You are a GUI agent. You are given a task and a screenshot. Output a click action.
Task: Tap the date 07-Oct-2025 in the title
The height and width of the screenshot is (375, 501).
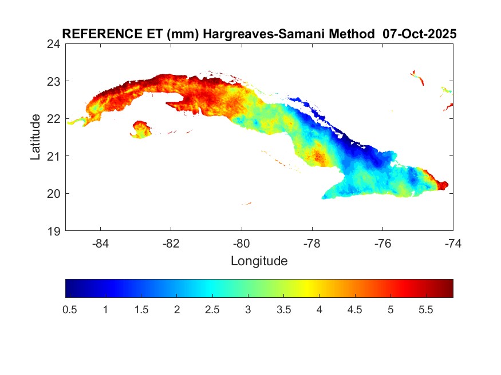(419, 34)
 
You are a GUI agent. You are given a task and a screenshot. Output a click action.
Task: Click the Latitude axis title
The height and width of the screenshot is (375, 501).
(35, 137)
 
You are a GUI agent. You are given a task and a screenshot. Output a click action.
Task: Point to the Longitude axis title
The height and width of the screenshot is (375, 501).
(259, 262)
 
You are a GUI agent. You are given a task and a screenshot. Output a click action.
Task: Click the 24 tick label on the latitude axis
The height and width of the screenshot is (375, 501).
(54, 43)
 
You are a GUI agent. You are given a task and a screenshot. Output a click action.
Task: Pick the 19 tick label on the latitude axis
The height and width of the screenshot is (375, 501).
(54, 231)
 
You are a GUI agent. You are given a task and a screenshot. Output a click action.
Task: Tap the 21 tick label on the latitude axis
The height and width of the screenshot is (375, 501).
(54, 156)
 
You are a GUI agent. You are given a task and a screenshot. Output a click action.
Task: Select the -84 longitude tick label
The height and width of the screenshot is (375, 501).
(101, 244)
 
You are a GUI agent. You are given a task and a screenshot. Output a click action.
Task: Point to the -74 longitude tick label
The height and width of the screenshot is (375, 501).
(453, 244)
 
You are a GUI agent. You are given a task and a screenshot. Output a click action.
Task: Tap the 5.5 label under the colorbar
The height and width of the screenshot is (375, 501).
(426, 310)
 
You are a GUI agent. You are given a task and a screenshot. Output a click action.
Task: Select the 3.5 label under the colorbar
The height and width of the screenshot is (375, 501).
(283, 310)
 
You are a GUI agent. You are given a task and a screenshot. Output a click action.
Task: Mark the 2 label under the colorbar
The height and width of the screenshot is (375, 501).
(177, 310)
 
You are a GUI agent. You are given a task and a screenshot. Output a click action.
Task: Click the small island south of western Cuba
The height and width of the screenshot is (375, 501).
(140, 129)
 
